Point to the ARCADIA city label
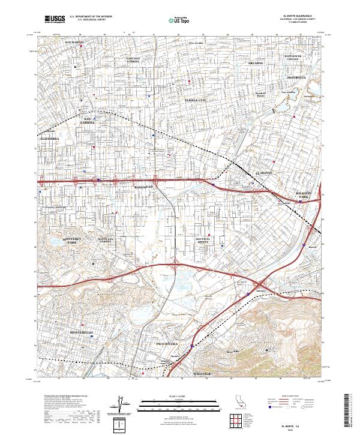click(256, 62)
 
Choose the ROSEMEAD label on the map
click(144, 187)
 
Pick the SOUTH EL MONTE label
click(204, 241)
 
